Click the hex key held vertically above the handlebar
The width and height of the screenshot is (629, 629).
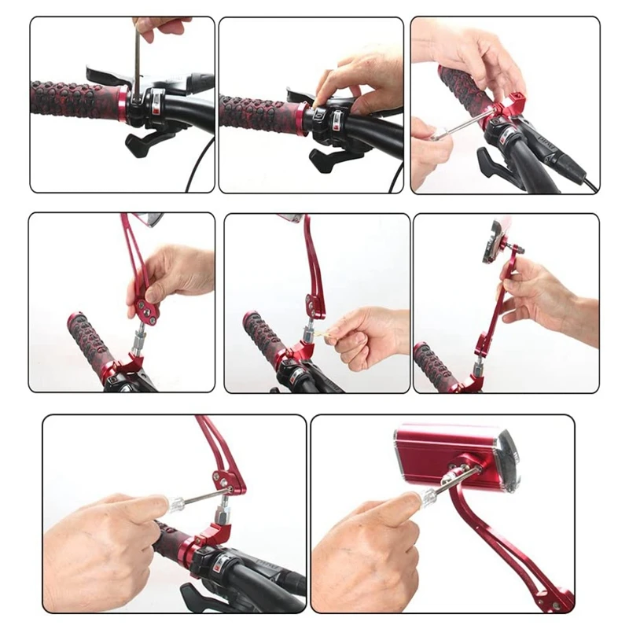pyautogui.click(x=137, y=63)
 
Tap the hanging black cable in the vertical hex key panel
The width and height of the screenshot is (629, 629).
pyautogui.click(x=192, y=169)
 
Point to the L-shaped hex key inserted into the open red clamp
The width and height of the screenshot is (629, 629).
pyautogui.click(x=460, y=127)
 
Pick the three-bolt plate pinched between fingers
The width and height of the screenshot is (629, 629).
pyautogui.click(x=147, y=309)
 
